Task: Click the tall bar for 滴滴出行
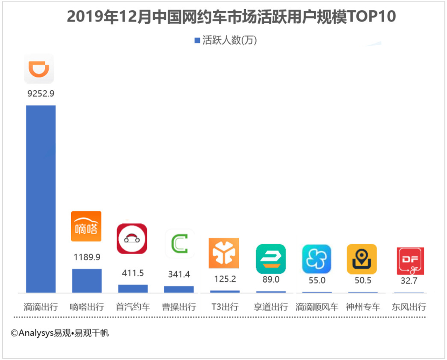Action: (41, 199)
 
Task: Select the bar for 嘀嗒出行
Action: (87, 281)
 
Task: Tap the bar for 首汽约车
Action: (133, 288)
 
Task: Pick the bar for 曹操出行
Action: (179, 289)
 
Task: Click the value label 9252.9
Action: (41, 94)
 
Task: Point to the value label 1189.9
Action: (87, 257)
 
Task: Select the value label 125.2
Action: (225, 279)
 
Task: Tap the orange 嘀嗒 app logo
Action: (86, 226)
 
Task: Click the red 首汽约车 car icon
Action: (132, 239)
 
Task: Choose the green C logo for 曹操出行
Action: (179, 244)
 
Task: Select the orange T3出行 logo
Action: (224, 253)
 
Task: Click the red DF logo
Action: (410, 261)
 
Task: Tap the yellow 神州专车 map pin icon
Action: (362, 259)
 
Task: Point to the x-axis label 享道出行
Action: (271, 307)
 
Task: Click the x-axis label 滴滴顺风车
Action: (317, 307)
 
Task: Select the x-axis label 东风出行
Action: (409, 307)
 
